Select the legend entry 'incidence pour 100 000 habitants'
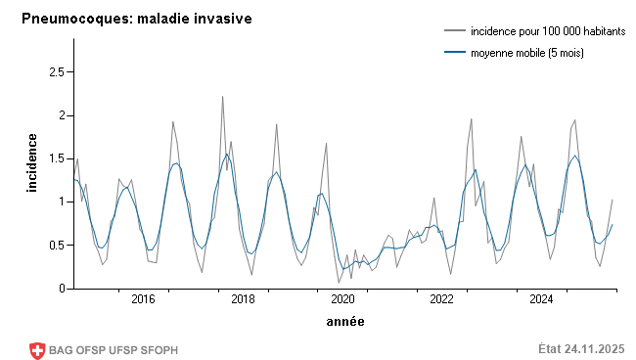547,32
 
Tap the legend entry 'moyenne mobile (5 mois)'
526,53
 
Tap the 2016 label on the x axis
143,299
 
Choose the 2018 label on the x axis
243,299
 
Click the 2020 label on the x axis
342,299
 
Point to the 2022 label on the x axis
442,299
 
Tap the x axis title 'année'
344,320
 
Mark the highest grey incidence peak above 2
222,97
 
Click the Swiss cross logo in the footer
38,349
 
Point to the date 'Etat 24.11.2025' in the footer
581,349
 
